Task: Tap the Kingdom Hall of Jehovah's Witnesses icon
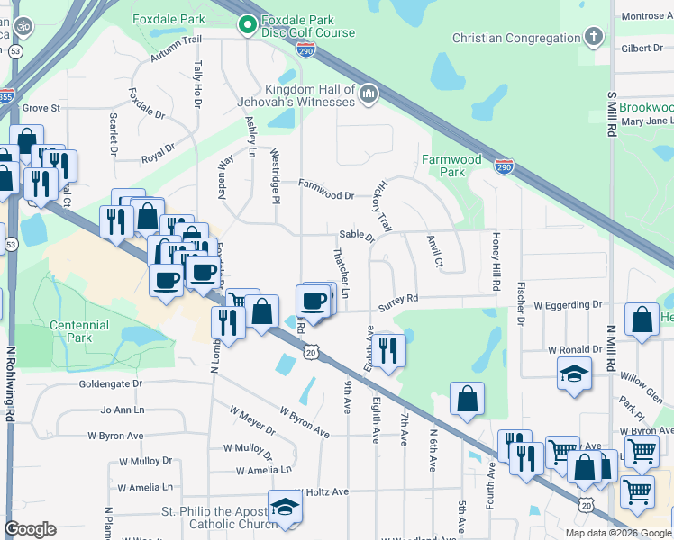point(368,94)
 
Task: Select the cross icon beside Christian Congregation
point(593,38)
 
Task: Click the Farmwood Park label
point(452,166)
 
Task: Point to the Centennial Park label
point(79,331)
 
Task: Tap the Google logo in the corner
point(30,528)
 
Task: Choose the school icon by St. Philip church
point(285,507)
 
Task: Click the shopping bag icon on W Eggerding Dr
point(641,321)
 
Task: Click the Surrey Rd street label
point(398,300)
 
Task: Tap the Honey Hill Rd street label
point(496,261)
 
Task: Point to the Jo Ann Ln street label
point(123,409)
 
